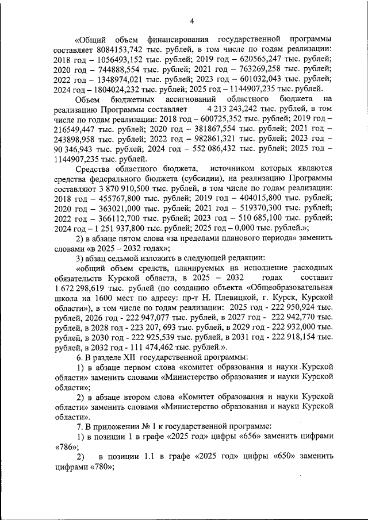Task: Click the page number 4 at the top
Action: click(x=191, y=22)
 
